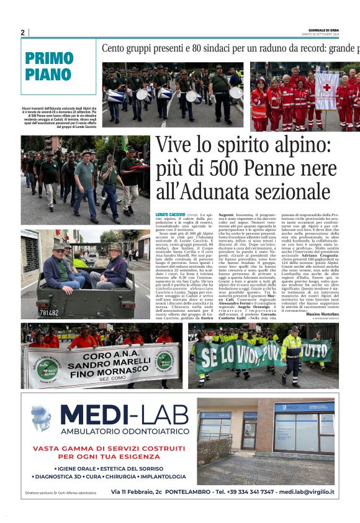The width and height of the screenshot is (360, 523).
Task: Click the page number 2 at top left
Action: [22, 32]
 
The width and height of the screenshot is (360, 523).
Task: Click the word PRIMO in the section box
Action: [49, 59]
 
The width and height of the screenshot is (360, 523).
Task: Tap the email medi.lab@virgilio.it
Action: [307, 491]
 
